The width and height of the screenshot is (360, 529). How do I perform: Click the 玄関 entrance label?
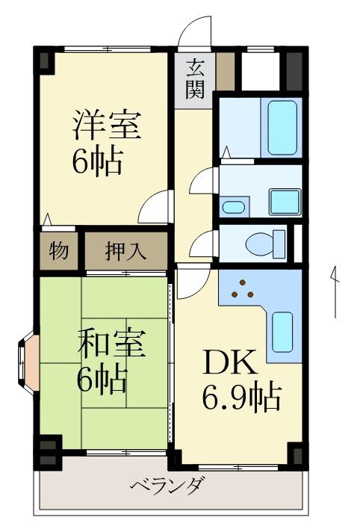(194, 79)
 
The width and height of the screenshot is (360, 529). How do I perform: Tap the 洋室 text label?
(106, 126)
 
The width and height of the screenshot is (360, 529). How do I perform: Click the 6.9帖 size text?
(240, 397)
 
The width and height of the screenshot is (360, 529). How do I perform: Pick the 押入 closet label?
(125, 250)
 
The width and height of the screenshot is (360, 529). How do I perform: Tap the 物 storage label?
(59, 250)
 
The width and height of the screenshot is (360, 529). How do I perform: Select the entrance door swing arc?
(196, 32)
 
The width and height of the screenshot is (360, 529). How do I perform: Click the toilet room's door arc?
(202, 243)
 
